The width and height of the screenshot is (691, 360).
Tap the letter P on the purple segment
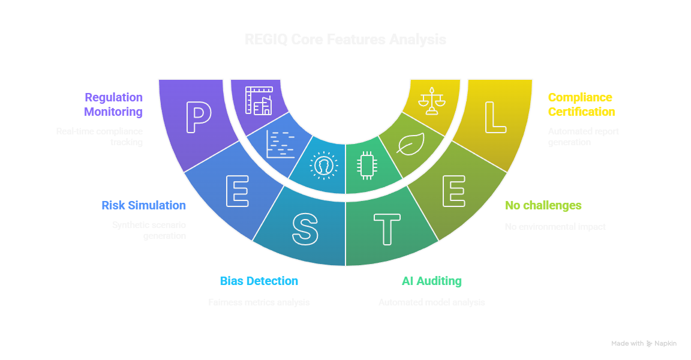(x=198, y=117)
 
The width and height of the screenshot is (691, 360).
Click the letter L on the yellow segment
(x=495, y=117)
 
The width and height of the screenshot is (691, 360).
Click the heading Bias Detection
(x=259, y=281)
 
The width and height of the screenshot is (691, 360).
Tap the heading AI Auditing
(x=431, y=281)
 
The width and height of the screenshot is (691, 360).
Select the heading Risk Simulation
(x=143, y=205)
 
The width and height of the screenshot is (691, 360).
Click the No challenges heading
(x=543, y=205)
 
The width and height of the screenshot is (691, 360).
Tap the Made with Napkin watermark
(x=644, y=344)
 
